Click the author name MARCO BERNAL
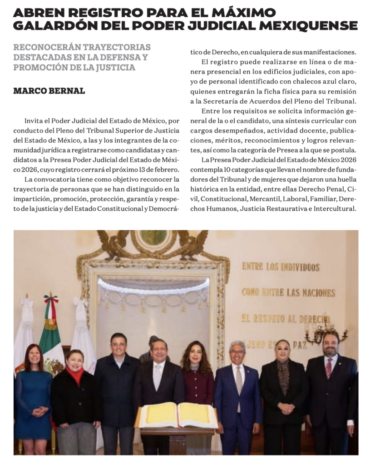49,91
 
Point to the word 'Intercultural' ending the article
331,209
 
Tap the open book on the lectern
178,415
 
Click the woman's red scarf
75,373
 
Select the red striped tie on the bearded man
328,367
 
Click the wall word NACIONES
314,293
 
